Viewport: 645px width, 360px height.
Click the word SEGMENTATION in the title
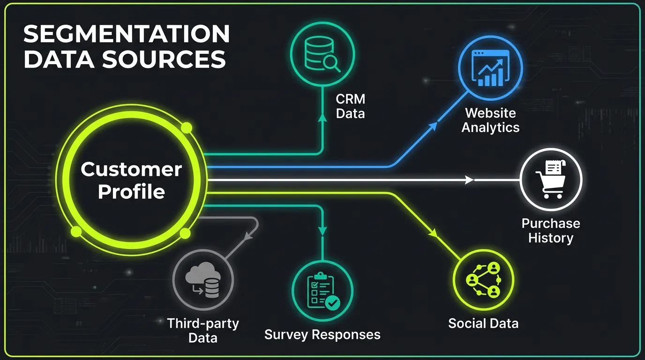pos(127,35)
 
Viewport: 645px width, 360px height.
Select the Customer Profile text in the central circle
pos(131,180)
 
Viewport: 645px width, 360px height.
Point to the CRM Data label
pos(350,106)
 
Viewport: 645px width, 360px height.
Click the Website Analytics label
pos(490,120)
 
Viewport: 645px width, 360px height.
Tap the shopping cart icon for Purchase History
pos(551,180)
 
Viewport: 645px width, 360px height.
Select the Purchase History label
pos(551,230)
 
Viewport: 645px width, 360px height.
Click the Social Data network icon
pos(483,280)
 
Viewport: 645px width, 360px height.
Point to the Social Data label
pos(483,323)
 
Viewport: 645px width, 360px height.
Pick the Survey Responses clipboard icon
pos(322,291)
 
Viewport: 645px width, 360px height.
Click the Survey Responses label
pos(322,335)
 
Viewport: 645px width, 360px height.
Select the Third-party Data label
pos(203,330)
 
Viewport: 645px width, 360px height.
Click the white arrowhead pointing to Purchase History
pos(469,180)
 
